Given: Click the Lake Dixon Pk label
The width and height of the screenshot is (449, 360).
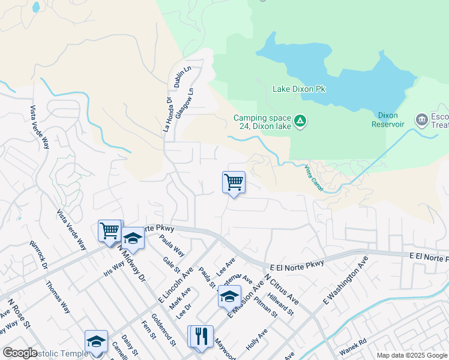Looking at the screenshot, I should [x=299, y=89].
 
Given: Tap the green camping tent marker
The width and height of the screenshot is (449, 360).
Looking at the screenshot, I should [x=301, y=122].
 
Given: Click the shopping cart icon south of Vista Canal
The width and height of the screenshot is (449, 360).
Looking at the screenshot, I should [x=234, y=182].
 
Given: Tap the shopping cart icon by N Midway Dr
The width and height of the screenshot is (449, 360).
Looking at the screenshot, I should [x=109, y=230].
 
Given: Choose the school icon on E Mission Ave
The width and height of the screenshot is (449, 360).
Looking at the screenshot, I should [x=229, y=297].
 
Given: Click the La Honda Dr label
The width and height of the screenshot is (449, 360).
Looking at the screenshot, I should [x=168, y=116].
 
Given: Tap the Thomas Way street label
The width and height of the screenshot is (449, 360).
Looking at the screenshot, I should [x=58, y=295].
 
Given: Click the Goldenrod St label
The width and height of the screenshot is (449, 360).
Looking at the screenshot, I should [x=163, y=329].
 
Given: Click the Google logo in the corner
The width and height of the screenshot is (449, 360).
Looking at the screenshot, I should [x=20, y=353].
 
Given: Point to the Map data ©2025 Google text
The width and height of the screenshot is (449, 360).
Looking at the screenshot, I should [x=411, y=355].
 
